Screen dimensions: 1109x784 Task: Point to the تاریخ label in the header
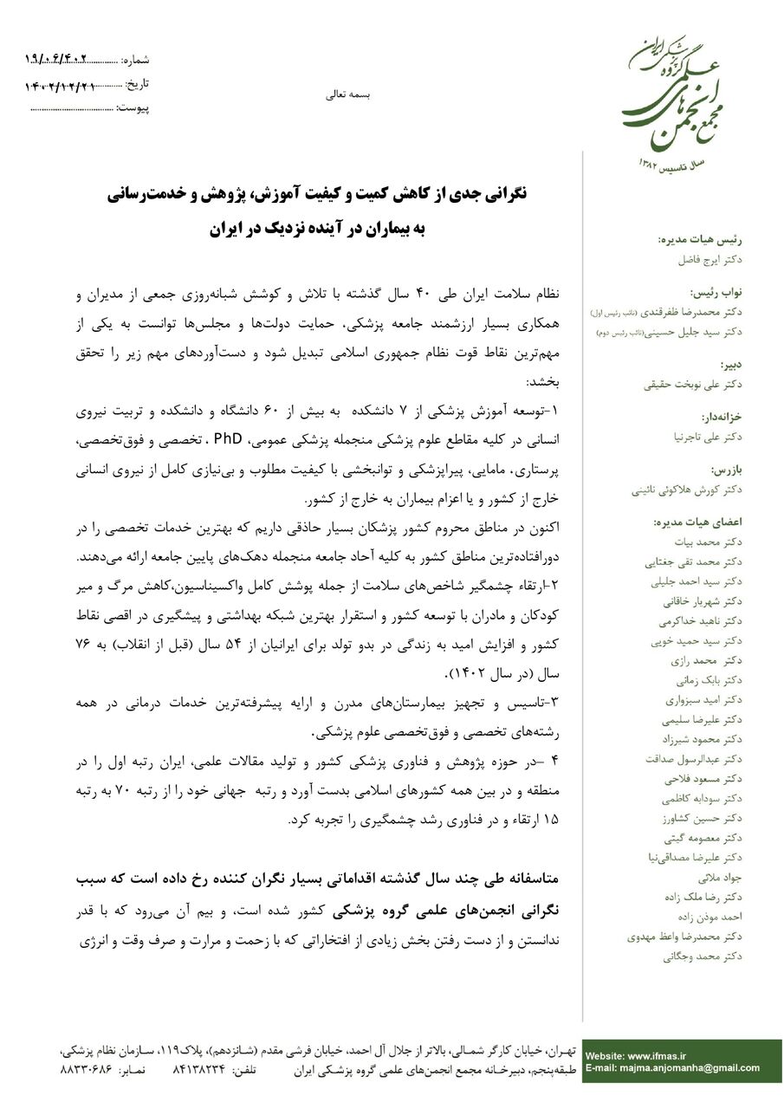pos(139,84)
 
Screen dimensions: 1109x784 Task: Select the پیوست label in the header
pos(133,108)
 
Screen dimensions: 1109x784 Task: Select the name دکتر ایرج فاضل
pos(710,259)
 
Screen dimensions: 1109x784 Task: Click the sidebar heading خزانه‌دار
pos(721,416)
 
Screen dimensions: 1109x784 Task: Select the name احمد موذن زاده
pos(706,917)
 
